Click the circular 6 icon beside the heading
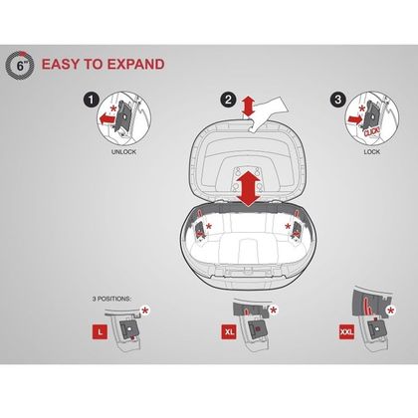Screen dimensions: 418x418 (20, 65)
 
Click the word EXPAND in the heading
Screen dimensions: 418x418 (136, 64)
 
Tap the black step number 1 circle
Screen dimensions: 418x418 (92, 100)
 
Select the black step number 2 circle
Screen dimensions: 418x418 (228, 100)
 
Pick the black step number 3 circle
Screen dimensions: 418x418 (338, 100)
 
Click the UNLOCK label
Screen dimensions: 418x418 (123, 152)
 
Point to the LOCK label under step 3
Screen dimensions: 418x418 (372, 152)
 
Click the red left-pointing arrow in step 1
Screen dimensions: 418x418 (106, 118)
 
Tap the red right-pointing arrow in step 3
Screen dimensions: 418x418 (353, 119)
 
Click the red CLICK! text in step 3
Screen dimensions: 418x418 (372, 131)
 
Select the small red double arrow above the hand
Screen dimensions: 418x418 (249, 106)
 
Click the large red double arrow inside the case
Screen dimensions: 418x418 (249, 190)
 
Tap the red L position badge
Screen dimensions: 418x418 (100, 331)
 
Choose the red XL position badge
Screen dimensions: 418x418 (229, 331)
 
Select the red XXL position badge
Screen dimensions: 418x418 (347, 331)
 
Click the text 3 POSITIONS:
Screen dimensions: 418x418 (111, 299)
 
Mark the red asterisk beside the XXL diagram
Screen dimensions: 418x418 (391, 312)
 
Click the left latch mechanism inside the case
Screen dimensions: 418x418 (200, 230)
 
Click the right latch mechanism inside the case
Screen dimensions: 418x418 (296, 230)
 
